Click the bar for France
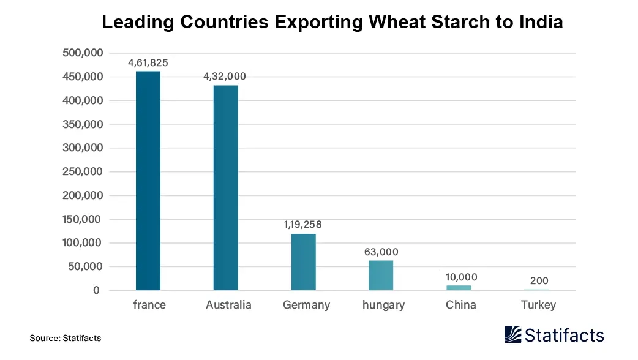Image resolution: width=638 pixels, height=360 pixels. coord(148,181)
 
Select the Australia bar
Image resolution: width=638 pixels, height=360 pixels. coord(226,187)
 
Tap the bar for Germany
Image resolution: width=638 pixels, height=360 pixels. coord(303,262)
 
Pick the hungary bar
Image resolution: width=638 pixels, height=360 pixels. coord(381,275)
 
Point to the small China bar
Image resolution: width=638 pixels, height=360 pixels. coord(459,287)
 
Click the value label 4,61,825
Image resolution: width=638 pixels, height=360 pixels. coord(148,62)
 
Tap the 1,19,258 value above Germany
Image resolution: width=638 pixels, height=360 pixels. coord(302,224)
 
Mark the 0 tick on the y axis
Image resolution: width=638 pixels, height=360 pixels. coord(96,290)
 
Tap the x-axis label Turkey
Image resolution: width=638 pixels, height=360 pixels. coord(538,305)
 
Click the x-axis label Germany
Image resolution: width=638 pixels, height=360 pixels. coord(306,305)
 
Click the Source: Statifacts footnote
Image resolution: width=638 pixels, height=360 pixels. coord(65,337)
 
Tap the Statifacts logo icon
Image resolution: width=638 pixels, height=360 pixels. coord(513,334)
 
